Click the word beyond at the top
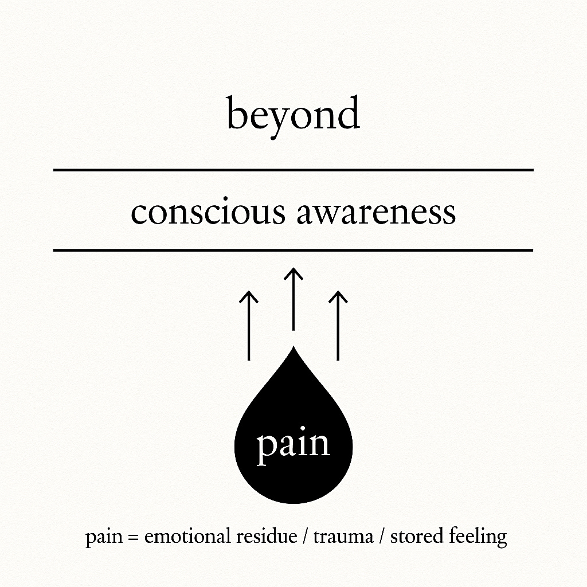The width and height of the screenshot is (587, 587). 293,115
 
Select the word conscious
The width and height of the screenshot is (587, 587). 208,212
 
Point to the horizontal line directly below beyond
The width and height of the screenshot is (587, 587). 293,170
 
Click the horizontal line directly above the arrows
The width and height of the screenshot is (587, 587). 293,251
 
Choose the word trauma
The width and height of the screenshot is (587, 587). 338,538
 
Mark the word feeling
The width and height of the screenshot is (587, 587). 478,538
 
